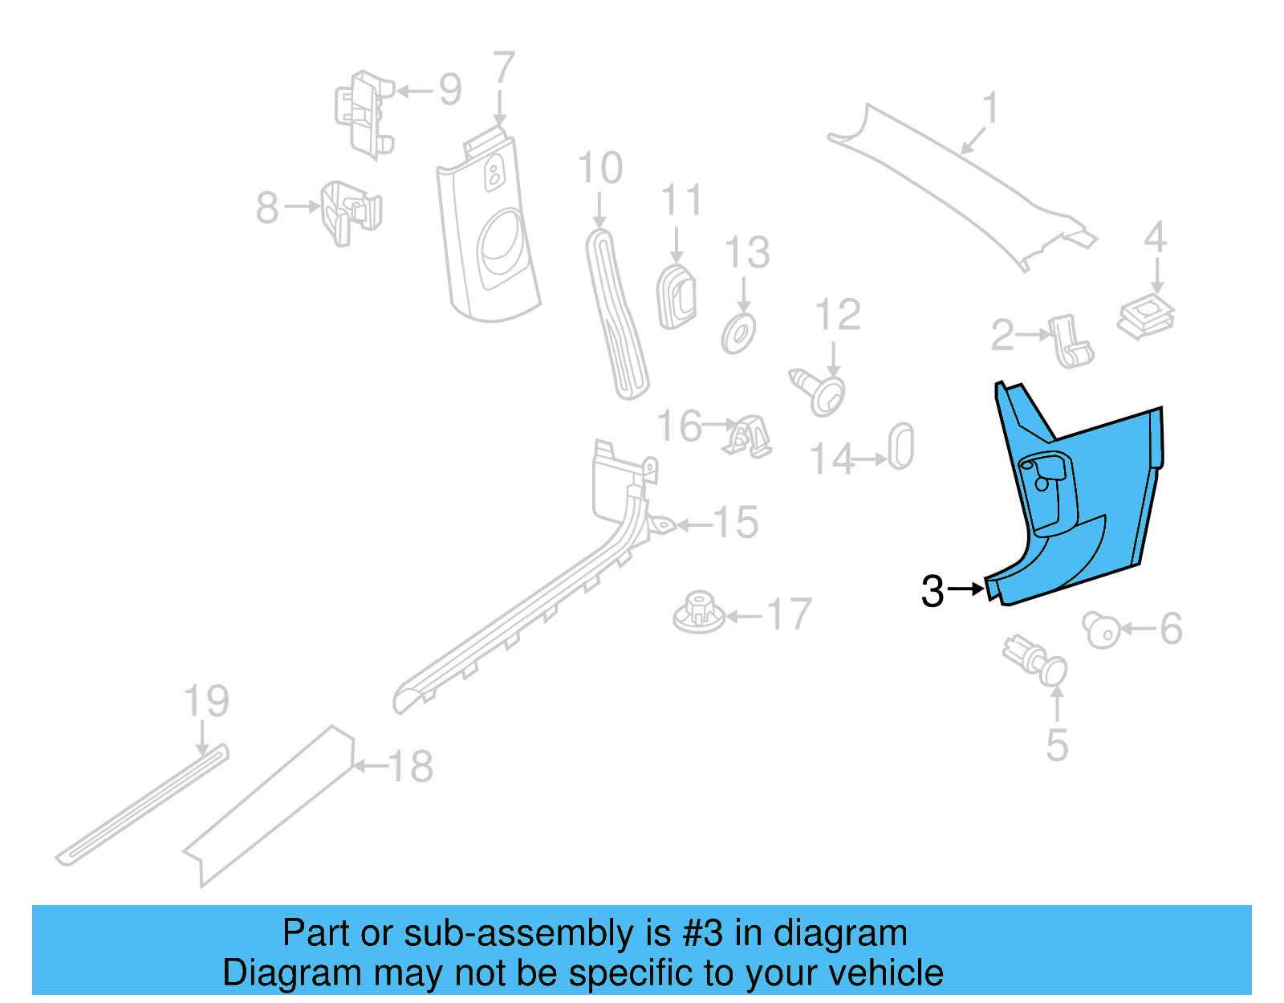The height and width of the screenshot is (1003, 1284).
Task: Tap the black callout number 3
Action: pyautogui.click(x=933, y=592)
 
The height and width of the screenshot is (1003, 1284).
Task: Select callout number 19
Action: pyautogui.click(x=206, y=701)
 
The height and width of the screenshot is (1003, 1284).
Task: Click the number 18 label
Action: pyautogui.click(x=411, y=767)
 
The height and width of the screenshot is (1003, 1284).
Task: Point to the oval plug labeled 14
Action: pyautogui.click(x=901, y=446)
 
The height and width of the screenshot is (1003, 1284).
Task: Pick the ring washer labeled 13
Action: pyautogui.click(x=739, y=333)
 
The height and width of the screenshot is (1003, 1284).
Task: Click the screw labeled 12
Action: pyautogui.click(x=819, y=392)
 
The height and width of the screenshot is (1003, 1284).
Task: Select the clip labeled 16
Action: pyautogui.click(x=750, y=438)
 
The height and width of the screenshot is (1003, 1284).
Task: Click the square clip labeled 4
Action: pyautogui.click(x=1146, y=315)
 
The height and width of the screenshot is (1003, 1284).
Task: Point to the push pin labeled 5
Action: pyautogui.click(x=1037, y=660)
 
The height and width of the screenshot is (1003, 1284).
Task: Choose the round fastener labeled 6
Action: pyautogui.click(x=1100, y=629)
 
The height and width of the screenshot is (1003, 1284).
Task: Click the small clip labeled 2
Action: pyautogui.click(x=1071, y=340)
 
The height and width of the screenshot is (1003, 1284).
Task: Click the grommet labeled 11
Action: pyautogui.click(x=677, y=297)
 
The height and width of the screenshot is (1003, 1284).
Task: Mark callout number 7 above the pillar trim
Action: pyautogui.click(x=503, y=68)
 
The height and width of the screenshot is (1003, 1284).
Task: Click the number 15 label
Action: pyautogui.click(x=735, y=523)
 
